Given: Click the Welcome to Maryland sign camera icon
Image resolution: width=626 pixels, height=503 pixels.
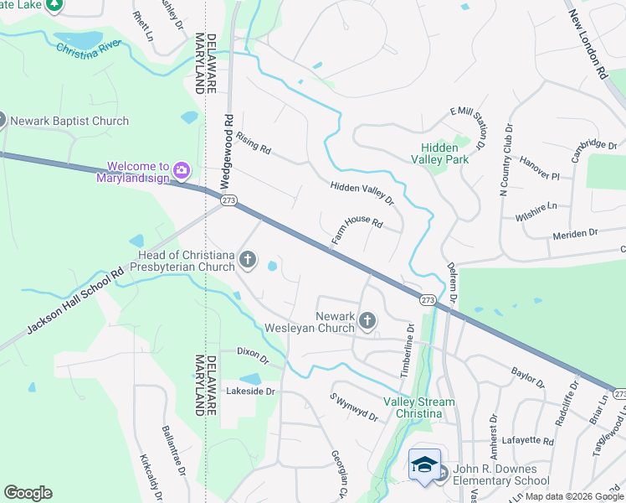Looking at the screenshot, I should pyautogui.click(x=182, y=172).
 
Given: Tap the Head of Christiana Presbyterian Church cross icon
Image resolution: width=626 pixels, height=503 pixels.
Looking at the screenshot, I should pyautogui.click(x=247, y=260).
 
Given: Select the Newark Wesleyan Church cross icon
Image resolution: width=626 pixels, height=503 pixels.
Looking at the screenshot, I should pyautogui.click(x=367, y=320).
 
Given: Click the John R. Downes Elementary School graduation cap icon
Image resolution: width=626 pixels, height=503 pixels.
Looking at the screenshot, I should pyautogui.click(x=424, y=464).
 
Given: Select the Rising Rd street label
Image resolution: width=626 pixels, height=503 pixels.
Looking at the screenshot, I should pyautogui.click(x=254, y=143).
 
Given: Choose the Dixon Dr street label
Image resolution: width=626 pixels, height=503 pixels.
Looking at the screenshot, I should pyautogui.click(x=252, y=355).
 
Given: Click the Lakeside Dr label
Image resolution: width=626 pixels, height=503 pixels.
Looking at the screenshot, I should pyautogui.click(x=250, y=392).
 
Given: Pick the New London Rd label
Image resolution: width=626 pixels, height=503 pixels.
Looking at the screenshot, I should pyautogui.click(x=586, y=44).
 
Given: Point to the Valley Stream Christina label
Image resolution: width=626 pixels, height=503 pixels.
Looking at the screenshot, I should pyautogui.click(x=418, y=407).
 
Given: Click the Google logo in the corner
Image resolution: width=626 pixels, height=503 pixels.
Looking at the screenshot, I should pyautogui.click(x=28, y=492).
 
